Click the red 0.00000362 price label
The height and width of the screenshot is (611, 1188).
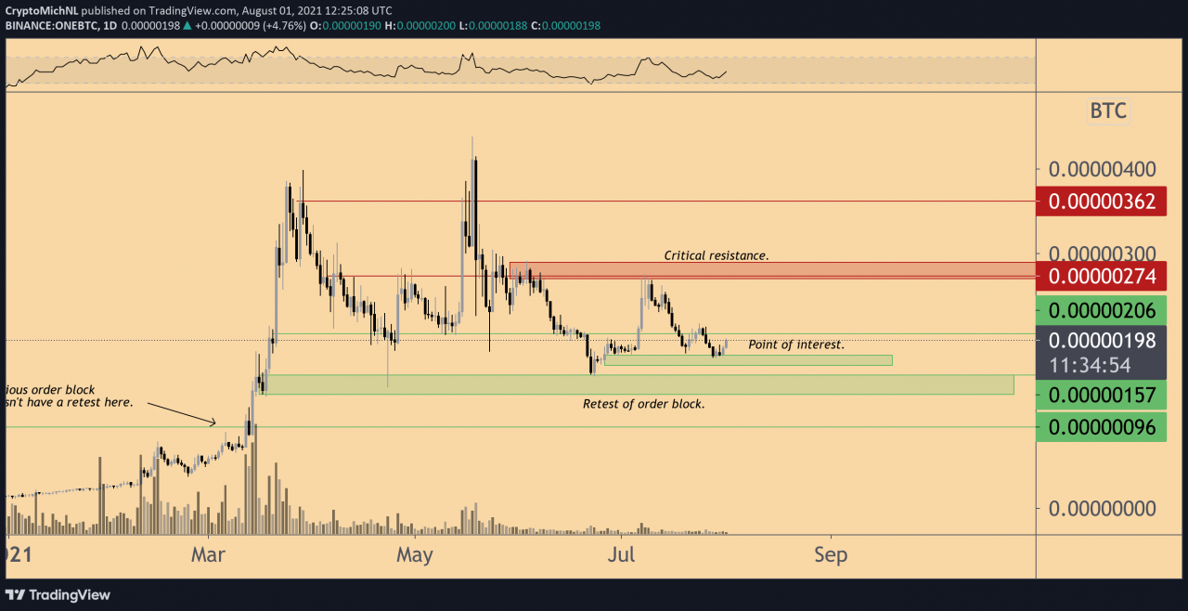(x=1102, y=201)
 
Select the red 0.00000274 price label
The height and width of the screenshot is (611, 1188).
(x=1102, y=276)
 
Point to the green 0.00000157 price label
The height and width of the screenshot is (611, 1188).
(x=1102, y=396)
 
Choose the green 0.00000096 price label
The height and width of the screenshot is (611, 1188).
(x=1102, y=427)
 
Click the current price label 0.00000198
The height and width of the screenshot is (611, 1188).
(x=1102, y=340)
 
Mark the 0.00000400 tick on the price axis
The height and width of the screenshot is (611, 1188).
(x=1102, y=170)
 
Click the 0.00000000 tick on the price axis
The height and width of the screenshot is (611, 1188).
(x=1102, y=509)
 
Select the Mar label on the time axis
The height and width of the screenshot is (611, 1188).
(x=209, y=555)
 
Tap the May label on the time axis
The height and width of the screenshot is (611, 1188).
(x=414, y=555)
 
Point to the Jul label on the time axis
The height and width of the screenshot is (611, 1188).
(x=622, y=555)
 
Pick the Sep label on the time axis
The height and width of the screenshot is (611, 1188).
(x=831, y=555)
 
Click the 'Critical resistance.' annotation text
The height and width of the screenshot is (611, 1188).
(x=716, y=255)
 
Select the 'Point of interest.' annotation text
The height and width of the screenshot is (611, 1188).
(x=796, y=344)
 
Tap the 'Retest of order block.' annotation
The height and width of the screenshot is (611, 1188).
(x=643, y=404)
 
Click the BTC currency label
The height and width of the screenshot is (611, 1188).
(x=1107, y=111)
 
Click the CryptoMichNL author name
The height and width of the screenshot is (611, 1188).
(x=41, y=9)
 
